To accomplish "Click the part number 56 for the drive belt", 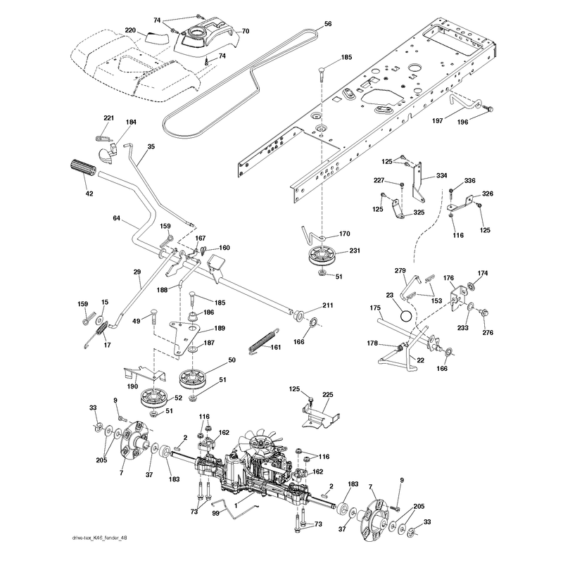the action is point(327,24).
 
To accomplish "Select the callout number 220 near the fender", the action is point(131,30).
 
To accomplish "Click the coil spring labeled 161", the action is point(264,341).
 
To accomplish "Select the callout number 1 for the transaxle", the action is point(236,506).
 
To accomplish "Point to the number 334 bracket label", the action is point(442,175).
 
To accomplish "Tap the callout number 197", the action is point(437,120).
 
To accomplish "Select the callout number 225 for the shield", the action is point(327,395).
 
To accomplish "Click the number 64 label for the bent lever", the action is point(116,218).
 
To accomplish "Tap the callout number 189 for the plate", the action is point(220,328).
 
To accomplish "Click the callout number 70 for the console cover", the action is point(245,31).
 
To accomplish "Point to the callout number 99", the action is point(216,514).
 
